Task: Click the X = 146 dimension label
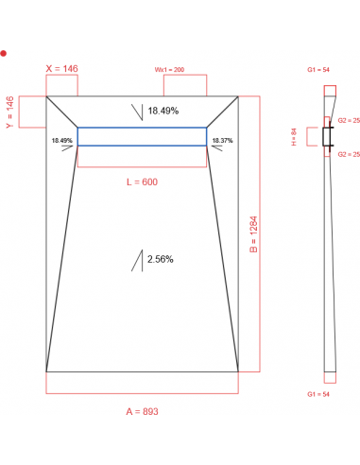click(62, 69)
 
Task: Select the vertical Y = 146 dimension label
click(10, 112)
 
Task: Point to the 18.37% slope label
click(223, 140)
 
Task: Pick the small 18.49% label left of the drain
click(61, 140)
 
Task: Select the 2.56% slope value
click(160, 258)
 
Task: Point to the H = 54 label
click(294, 138)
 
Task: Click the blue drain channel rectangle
click(142, 137)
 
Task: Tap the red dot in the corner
click(5, 54)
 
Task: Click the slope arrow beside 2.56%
click(138, 259)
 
